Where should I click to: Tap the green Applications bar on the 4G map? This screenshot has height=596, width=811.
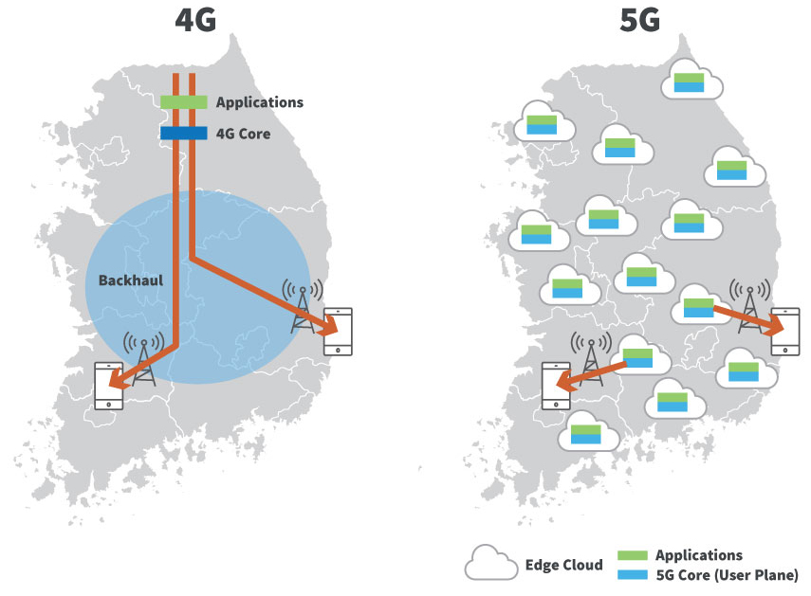pos(184,101)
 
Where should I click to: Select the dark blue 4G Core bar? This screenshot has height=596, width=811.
pos(184,134)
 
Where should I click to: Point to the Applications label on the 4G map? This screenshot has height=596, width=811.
pos(260,101)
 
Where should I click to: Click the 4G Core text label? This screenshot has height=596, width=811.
pos(243,134)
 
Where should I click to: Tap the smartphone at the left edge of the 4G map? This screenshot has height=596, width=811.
pos(109,385)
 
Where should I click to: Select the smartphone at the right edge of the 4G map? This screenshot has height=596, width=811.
pos(338,331)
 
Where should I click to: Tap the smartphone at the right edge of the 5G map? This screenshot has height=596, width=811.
pos(784,331)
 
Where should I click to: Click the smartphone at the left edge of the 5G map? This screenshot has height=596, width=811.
pos(555,385)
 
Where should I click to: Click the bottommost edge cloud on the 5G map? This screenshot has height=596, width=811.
pos(587,434)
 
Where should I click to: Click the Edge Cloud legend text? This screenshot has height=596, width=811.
pos(563,565)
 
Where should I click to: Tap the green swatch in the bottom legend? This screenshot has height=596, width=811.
pos(632,555)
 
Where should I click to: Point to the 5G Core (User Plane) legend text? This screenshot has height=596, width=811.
pos(727,574)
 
